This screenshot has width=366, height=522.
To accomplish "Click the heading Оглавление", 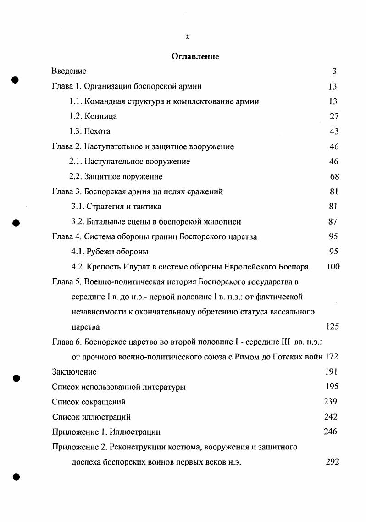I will [x=195, y=56].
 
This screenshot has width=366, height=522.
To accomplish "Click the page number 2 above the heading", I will [x=187, y=37].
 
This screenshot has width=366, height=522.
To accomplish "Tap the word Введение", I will [x=69, y=71].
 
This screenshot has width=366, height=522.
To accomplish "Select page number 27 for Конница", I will [x=334, y=116].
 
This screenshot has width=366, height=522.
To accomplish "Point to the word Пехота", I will [x=97, y=131].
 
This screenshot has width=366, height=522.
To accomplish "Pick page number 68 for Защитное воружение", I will [x=334, y=176].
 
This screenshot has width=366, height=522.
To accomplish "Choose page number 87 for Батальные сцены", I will [x=333, y=221].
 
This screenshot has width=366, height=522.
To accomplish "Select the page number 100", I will [x=333, y=266].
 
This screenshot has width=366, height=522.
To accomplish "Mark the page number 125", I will [x=332, y=327].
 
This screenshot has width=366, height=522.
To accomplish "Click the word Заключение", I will [x=74, y=372].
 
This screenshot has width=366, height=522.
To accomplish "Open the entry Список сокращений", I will [x=89, y=402].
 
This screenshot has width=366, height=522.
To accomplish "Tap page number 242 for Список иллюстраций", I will [x=330, y=417].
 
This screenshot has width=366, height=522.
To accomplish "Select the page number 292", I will [x=332, y=462].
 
